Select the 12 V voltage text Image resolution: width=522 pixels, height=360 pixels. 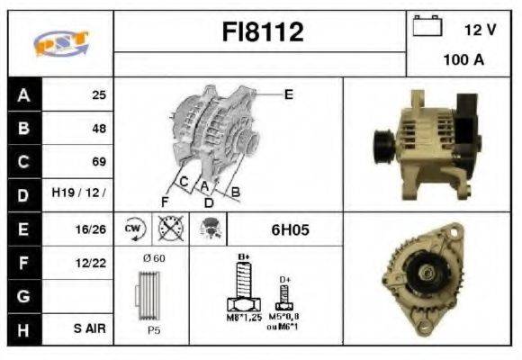[479, 30]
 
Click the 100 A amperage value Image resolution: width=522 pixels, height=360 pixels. [463, 61]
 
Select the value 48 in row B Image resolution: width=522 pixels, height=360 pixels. [98, 129]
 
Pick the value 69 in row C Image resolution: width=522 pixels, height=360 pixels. [98, 162]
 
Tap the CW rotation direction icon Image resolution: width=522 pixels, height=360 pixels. [134, 229]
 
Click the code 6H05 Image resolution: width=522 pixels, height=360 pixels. [290, 229]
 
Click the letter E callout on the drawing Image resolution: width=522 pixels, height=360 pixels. [288, 94]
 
